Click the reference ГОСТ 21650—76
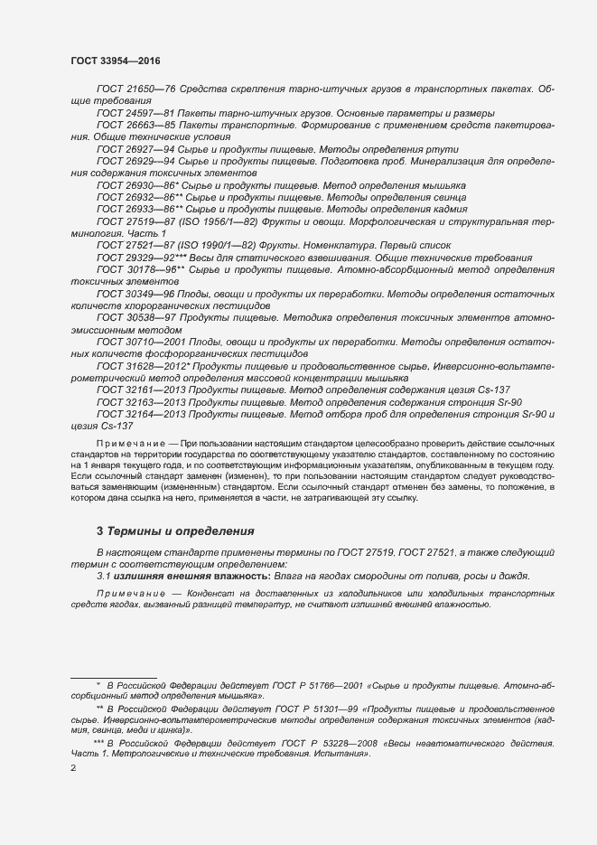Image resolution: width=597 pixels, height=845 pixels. (133, 89)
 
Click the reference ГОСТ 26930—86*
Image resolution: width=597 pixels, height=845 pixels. (135, 184)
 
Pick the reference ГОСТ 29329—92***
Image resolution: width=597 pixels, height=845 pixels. (139, 257)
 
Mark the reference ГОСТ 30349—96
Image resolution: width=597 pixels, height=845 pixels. (133, 294)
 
